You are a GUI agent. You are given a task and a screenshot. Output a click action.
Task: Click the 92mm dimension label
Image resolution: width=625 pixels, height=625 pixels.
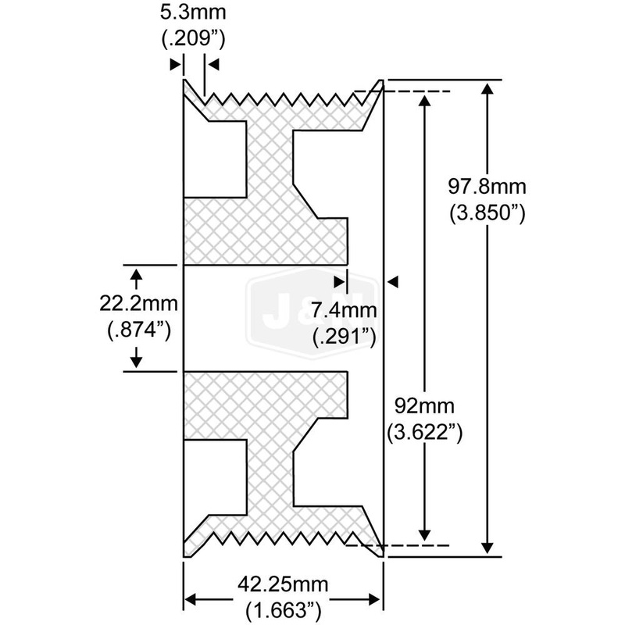pyautogui.click(x=422, y=406)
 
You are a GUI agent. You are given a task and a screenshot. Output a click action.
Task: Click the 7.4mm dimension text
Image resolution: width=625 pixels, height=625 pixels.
pyautogui.click(x=345, y=312)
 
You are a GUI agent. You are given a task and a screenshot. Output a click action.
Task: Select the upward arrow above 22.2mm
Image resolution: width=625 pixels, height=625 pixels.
pyautogui.click(x=137, y=273)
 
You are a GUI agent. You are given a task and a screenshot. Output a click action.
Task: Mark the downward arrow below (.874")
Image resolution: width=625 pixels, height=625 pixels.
pyautogui.click(x=137, y=359)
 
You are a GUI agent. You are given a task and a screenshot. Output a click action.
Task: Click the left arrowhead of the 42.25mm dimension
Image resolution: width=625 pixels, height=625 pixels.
pyautogui.click(x=191, y=599)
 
